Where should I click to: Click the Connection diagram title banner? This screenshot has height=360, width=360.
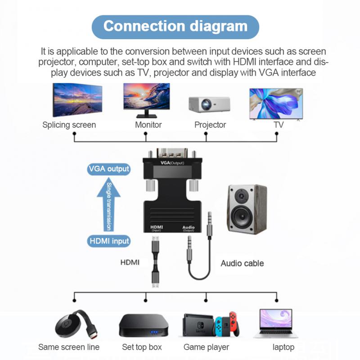point(175,26)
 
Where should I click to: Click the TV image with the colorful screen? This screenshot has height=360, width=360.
point(276,103)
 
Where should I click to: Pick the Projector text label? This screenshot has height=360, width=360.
point(210,125)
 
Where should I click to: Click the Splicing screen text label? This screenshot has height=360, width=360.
point(69,125)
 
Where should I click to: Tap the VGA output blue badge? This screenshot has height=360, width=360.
point(108,169)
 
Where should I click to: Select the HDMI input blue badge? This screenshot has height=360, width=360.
point(109,241)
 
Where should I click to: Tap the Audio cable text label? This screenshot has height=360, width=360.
point(242,263)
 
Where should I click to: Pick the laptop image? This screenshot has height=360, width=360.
point(276,323)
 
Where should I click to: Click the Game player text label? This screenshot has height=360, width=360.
point(206,347)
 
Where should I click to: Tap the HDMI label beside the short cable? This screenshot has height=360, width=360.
point(130,261)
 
